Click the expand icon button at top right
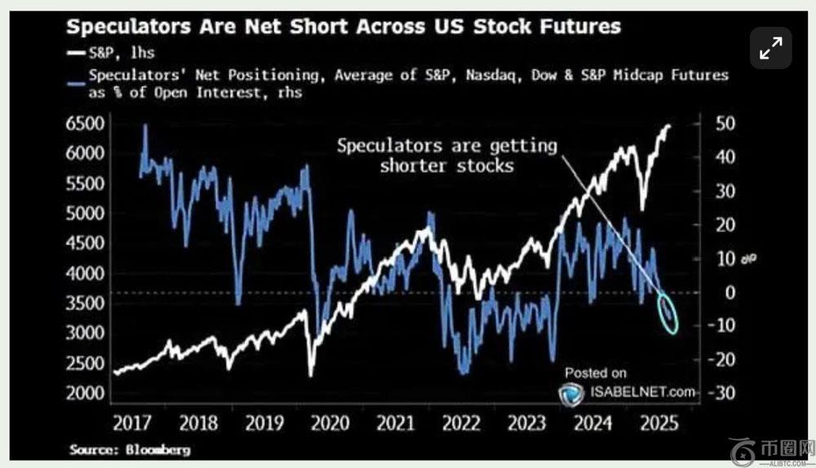(770, 49)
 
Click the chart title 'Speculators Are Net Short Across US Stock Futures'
(343, 26)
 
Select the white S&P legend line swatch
(77, 55)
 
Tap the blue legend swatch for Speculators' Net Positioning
(77, 76)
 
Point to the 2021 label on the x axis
(394, 423)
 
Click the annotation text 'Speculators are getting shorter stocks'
(447, 155)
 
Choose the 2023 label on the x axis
(526, 423)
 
